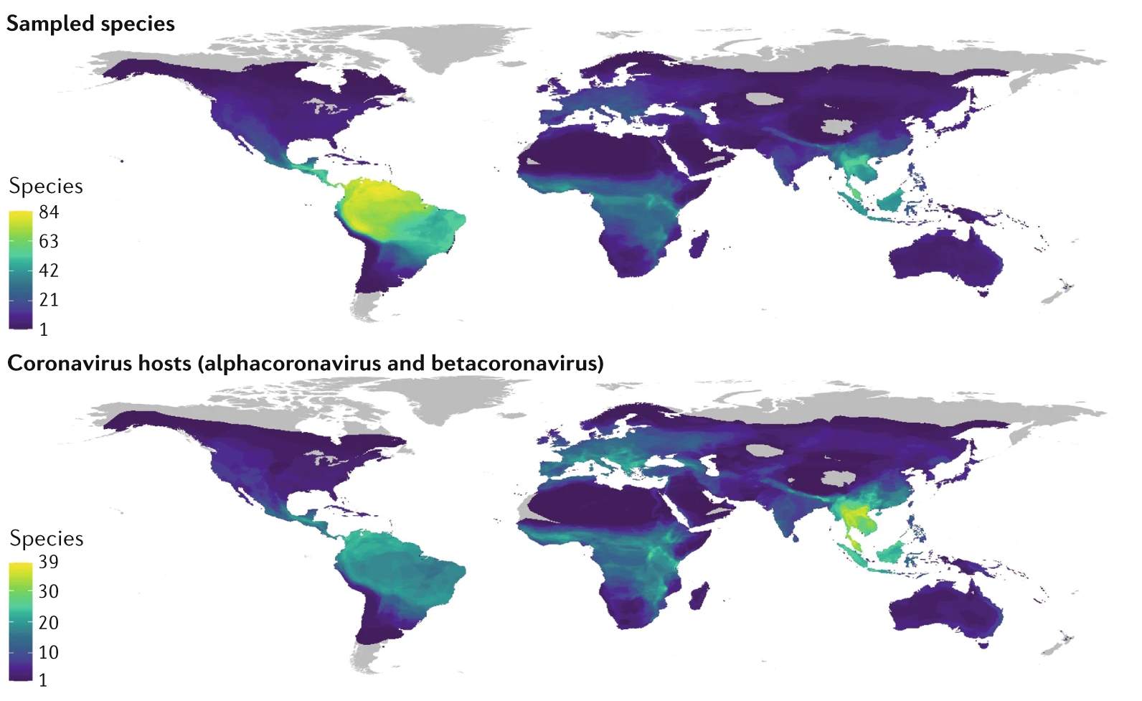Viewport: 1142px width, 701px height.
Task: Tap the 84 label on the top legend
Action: [49, 212]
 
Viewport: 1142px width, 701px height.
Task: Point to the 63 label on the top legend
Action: [49, 242]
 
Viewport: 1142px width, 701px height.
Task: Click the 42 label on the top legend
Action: [49, 270]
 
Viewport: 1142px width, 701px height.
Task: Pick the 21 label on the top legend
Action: [49, 300]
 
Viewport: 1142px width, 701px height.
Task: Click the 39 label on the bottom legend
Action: [49, 562]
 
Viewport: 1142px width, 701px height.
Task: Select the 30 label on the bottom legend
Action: [49, 592]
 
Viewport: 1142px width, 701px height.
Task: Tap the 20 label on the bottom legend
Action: [49, 623]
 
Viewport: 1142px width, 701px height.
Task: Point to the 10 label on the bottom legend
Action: [49, 653]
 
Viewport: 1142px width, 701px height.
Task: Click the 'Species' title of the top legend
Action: [46, 187]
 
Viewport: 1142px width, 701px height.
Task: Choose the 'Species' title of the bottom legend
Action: [47, 539]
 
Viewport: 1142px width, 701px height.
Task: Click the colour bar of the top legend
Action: [21, 270]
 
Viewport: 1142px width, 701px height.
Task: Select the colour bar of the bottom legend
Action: [21, 621]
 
